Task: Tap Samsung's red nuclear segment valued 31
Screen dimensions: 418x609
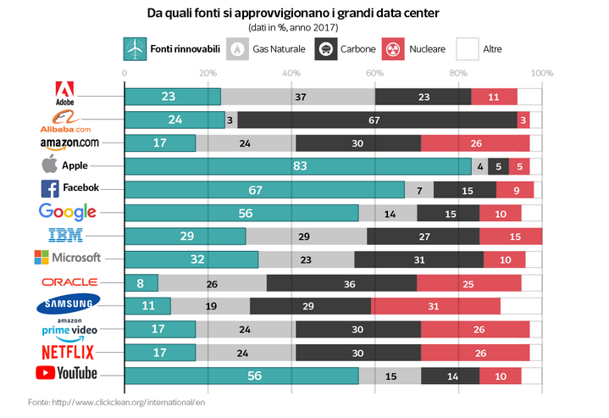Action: (435, 305)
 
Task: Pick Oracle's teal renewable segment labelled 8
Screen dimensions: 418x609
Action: (141, 282)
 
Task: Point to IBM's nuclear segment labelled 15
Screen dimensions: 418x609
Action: (511, 236)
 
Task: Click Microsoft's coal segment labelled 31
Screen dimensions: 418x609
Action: (419, 259)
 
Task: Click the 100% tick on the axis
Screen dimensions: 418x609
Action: (541, 73)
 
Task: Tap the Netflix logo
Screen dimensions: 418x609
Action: (67, 351)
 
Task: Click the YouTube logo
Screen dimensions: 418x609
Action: (67, 373)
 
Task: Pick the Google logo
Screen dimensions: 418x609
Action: (68, 212)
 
